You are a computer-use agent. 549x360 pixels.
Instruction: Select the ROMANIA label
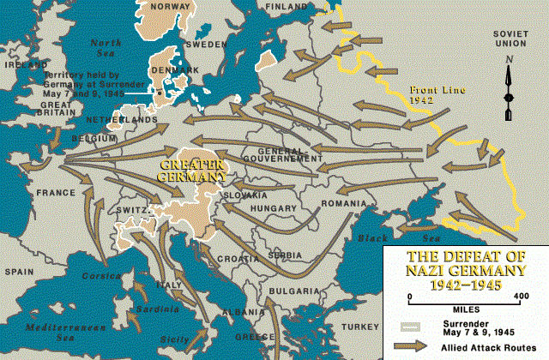click(342, 203)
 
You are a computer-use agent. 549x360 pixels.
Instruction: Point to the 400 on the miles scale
click(520, 296)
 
